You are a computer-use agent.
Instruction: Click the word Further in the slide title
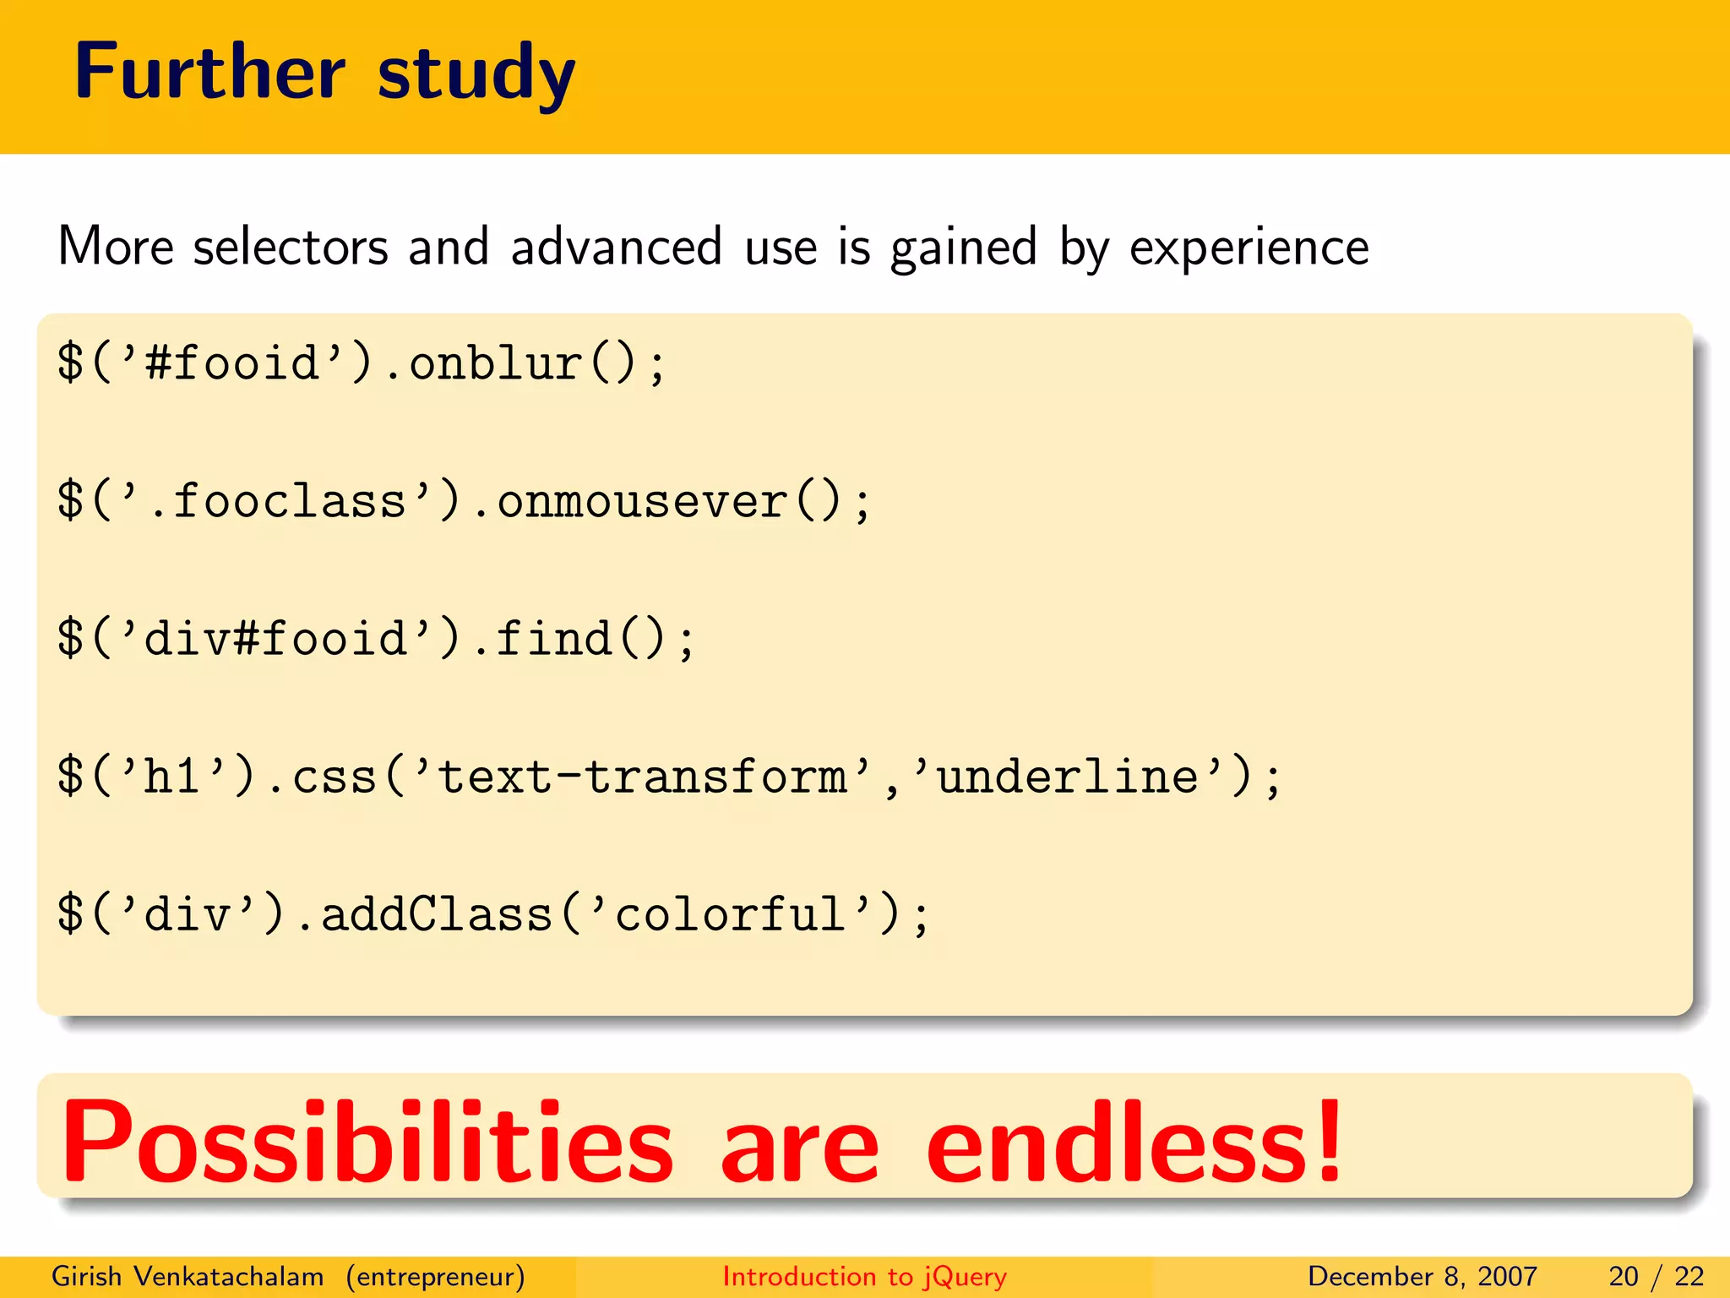tap(209, 73)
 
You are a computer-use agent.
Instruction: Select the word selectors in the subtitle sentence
tap(291, 248)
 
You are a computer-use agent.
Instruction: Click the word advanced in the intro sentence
tap(616, 247)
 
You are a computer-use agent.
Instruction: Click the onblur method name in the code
tap(496, 363)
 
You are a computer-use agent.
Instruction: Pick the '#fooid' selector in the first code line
tap(232, 363)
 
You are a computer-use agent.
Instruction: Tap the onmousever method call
tap(642, 502)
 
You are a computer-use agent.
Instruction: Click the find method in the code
tap(553, 639)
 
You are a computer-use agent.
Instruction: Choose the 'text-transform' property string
tap(642, 777)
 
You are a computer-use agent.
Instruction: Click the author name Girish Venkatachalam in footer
tap(188, 1276)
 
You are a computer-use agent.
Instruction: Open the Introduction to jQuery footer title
tap(864, 1276)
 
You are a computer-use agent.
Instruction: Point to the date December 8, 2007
tap(1422, 1276)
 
